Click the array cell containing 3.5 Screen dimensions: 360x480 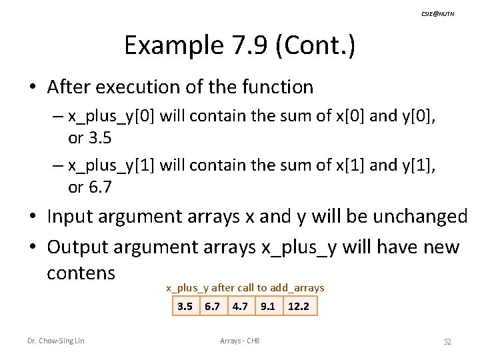pos(185,306)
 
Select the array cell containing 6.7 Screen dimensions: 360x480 pos(213,306)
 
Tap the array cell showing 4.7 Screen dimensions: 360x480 pos(240,306)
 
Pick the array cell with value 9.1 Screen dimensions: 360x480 pos(267,306)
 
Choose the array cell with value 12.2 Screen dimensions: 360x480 pos(299,306)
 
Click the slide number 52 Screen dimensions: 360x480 pos(448,342)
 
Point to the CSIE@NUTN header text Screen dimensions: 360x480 pos(438,13)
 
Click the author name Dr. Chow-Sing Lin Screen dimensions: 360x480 pos(56,341)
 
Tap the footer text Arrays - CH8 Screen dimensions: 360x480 pos(239,341)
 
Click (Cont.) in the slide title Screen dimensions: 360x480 pos(319,45)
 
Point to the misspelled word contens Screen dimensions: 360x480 pos(81,273)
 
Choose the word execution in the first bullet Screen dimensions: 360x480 pos(133,87)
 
